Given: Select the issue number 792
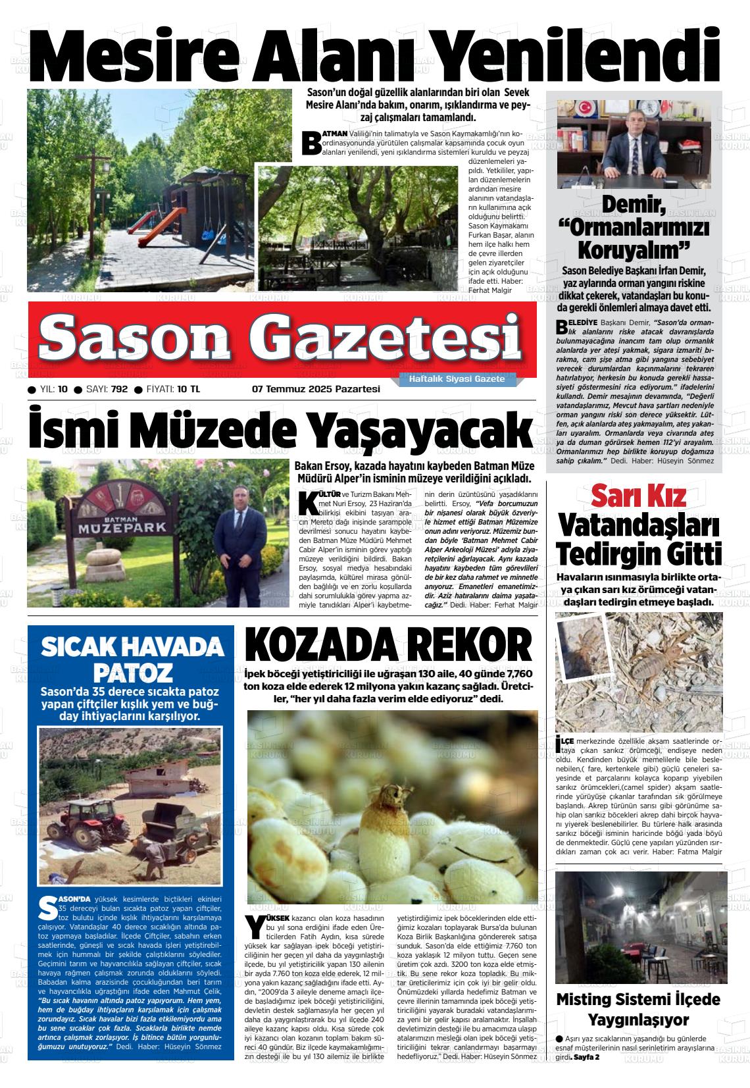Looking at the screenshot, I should coord(119,389).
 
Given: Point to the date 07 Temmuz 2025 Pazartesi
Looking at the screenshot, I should coord(316,389).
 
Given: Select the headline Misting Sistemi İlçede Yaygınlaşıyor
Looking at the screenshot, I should coord(637,1009).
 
